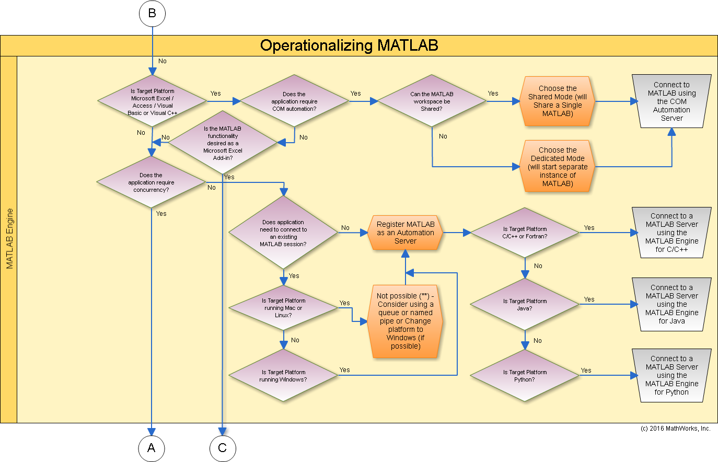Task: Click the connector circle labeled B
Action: coord(152,14)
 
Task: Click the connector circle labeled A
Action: coord(152,448)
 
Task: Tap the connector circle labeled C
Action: coord(223,448)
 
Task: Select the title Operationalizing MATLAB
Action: coord(349,45)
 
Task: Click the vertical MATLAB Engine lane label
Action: coord(9,239)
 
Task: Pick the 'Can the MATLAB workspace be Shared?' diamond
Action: coord(432,101)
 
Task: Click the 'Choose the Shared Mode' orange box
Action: coord(557,101)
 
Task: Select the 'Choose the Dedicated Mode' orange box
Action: coord(557,167)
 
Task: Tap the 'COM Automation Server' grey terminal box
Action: coord(671,101)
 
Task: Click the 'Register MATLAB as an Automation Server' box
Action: coord(406,233)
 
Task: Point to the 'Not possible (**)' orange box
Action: coord(406,321)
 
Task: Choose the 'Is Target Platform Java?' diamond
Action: coord(525,304)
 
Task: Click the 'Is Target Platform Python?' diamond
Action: coord(525,375)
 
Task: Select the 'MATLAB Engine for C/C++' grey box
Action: coord(671,233)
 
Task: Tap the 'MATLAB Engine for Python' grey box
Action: coord(671,375)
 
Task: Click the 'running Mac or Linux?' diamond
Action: coord(283,308)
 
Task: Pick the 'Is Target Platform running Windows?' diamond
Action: coord(283,375)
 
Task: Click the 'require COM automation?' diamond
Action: coord(294,101)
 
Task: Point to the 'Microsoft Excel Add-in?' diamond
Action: coord(223,143)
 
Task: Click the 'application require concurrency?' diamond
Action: coord(151,182)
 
